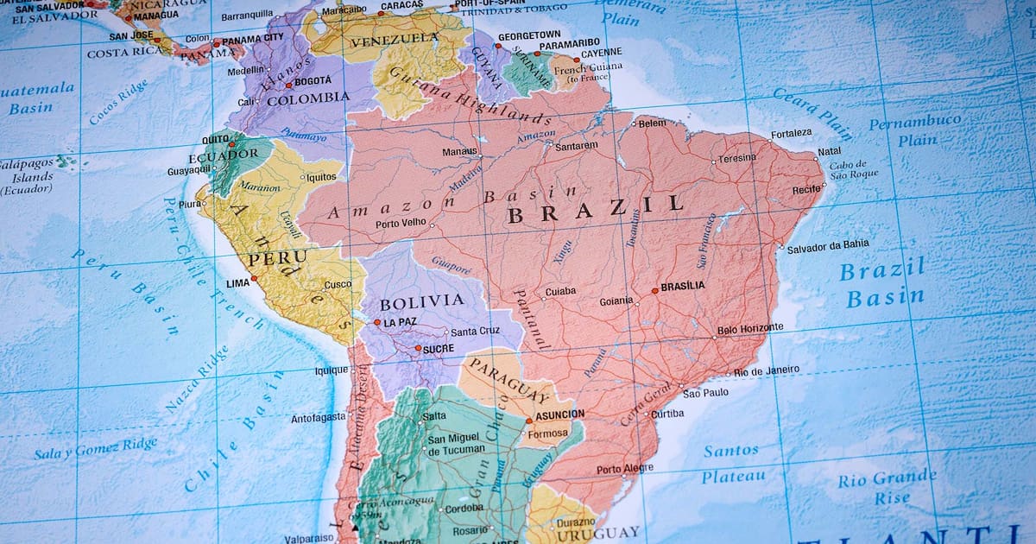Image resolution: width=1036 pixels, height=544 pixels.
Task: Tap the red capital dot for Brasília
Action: tap(655, 291)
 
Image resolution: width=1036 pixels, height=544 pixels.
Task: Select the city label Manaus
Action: tap(459, 152)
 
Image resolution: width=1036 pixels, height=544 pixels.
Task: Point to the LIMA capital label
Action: tap(237, 282)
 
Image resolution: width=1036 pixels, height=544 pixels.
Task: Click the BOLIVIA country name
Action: tap(421, 301)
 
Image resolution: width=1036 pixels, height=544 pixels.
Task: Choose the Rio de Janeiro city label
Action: tap(767, 370)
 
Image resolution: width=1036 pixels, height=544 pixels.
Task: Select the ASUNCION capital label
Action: tap(559, 414)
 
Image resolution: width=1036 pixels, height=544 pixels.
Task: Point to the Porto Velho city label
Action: tap(401, 224)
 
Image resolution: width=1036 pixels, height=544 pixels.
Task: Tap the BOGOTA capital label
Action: tap(313, 81)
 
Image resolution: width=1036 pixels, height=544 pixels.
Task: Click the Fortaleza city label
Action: tap(791, 133)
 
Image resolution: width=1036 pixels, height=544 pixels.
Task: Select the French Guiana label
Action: tap(591, 69)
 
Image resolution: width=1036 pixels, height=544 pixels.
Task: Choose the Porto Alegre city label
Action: tap(625, 469)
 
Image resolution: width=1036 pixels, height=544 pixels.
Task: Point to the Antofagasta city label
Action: tap(318, 419)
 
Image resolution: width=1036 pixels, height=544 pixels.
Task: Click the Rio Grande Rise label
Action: tap(886, 487)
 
